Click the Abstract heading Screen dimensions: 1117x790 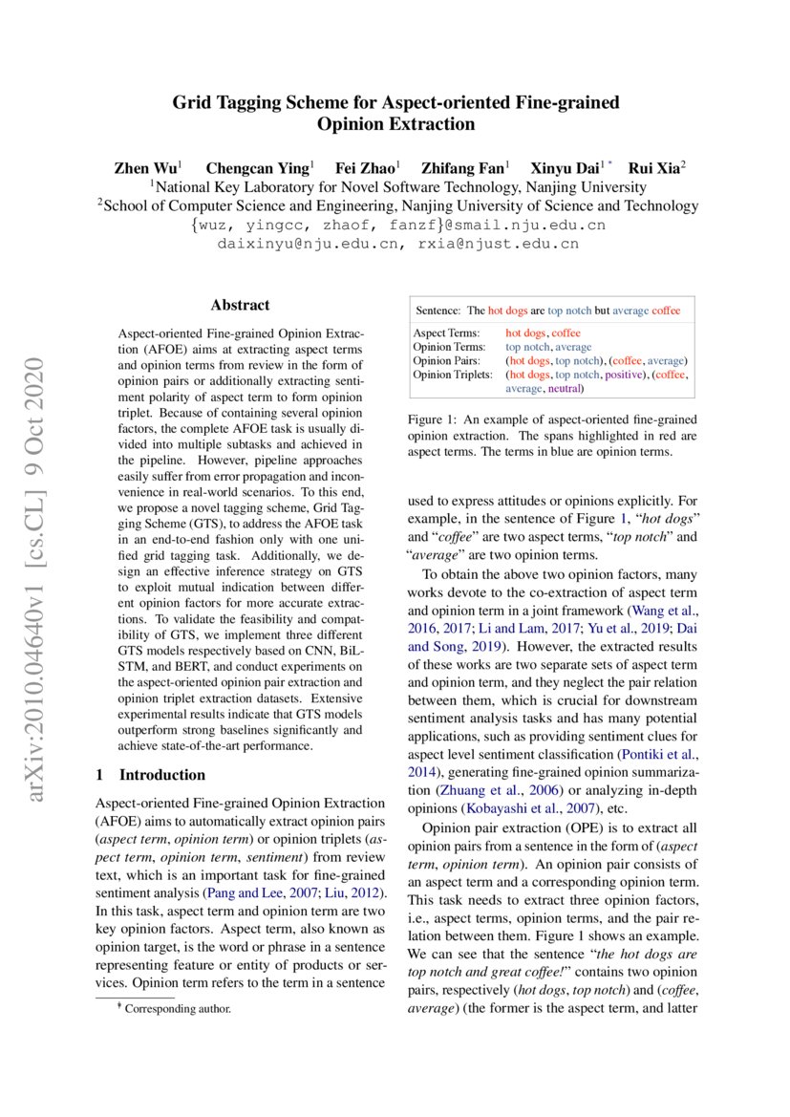(240, 306)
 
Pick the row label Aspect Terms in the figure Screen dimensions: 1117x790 (446, 333)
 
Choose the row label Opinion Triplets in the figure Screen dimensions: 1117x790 (452, 375)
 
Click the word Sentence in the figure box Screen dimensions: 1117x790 (438, 311)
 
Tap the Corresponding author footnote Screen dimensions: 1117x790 (178, 1008)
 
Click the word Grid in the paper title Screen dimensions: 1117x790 (190, 102)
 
